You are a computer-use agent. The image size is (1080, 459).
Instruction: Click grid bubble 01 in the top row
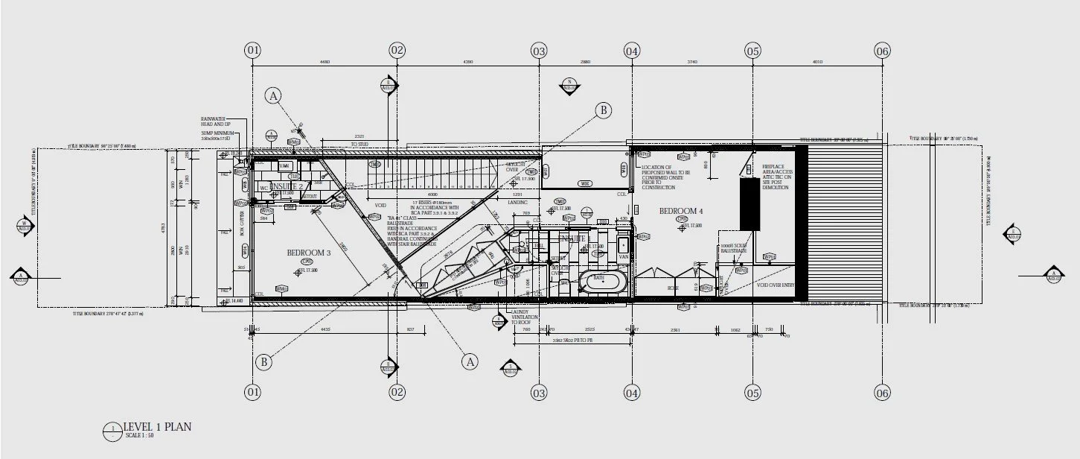(253, 51)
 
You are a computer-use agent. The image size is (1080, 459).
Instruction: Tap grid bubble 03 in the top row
(539, 51)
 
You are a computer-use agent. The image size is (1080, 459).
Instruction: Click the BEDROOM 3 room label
(307, 253)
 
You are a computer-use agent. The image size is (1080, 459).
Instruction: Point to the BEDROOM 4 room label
(681, 212)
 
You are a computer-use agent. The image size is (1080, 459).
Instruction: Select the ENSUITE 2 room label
(277, 186)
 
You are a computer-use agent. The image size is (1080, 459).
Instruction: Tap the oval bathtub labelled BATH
(599, 282)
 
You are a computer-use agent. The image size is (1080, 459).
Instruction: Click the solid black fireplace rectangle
(748, 203)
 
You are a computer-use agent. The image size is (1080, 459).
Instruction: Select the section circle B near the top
(602, 110)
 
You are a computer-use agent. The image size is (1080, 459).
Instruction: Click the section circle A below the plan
(469, 361)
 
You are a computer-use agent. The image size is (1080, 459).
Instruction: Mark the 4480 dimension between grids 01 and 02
(325, 62)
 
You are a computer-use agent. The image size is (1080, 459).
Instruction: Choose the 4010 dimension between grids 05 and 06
(817, 62)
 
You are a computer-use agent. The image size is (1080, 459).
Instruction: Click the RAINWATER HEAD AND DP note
(213, 121)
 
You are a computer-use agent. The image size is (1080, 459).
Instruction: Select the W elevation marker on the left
(25, 224)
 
